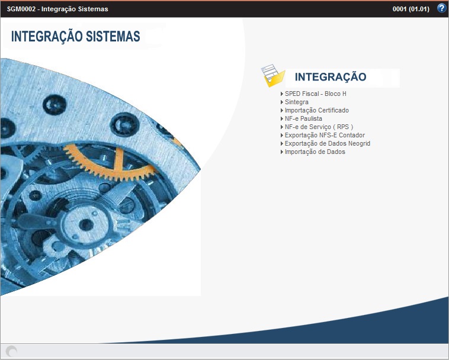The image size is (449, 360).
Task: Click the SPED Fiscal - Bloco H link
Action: [x=315, y=94]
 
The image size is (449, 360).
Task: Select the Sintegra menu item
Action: [x=296, y=102]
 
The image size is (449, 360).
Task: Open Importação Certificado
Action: [x=316, y=111]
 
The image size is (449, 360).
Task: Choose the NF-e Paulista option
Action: [x=303, y=119]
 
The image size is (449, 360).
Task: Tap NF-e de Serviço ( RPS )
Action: [x=319, y=127]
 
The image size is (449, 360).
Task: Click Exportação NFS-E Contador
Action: [x=325, y=136]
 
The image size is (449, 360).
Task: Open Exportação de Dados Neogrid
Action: [x=327, y=144]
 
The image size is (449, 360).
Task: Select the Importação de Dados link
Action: [x=315, y=152]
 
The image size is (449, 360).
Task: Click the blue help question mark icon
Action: [x=441, y=8]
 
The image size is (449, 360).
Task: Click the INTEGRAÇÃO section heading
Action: [x=331, y=77]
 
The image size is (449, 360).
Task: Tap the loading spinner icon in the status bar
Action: [x=11, y=351]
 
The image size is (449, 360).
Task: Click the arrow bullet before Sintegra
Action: [x=282, y=102]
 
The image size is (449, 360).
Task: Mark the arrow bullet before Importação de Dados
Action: [x=282, y=152]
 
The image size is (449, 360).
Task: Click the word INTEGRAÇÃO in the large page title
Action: [x=45, y=37]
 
